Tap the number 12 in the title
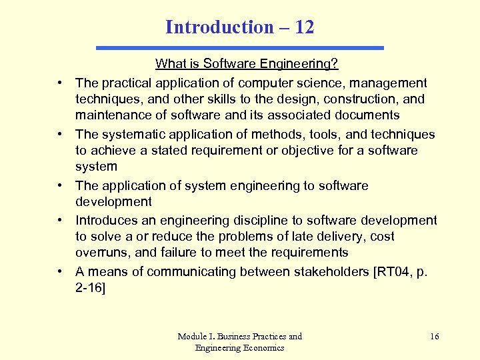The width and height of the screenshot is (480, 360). (303, 27)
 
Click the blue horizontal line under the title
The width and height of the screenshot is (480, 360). (240, 48)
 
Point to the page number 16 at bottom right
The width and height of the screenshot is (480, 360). (435, 337)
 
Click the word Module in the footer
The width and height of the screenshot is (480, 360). (192, 337)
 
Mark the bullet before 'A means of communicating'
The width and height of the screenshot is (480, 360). (61, 271)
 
